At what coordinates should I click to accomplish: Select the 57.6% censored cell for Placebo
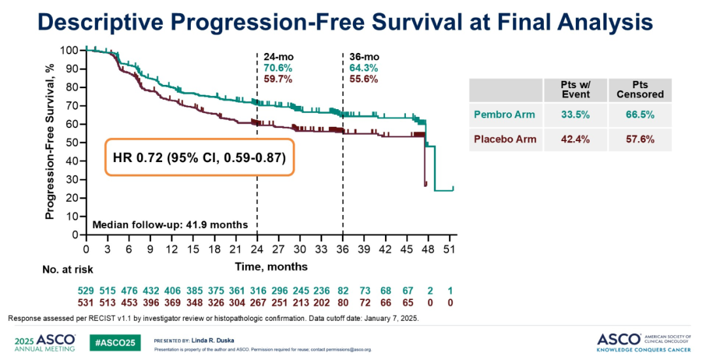pos(639,139)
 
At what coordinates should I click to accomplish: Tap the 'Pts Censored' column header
pos(639,89)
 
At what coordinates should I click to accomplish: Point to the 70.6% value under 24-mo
pos(278,68)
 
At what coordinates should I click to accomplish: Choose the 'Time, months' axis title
pos(271,267)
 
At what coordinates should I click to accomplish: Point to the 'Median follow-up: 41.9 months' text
pos(170,225)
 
